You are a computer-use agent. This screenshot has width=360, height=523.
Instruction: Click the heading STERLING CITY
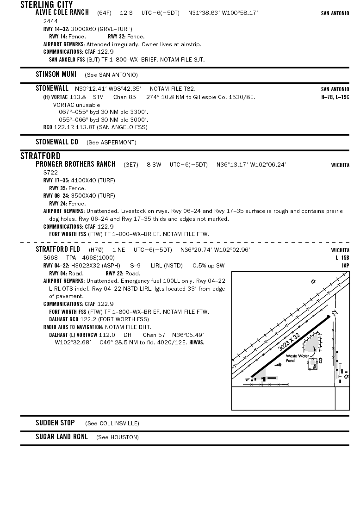coord(47,5)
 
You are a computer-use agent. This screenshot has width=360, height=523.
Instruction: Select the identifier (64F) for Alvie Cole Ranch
coord(104,13)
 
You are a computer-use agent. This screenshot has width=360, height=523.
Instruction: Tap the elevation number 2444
coord(50,21)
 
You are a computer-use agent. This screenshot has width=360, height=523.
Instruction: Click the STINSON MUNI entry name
coord(56,75)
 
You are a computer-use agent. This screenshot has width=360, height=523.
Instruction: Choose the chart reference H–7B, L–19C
coord(335,97)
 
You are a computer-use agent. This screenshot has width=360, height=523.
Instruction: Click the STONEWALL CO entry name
coord(57,142)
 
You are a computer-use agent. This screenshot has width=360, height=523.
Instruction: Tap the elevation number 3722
coord(50,173)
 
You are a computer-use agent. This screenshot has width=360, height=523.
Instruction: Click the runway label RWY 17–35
coord(56,181)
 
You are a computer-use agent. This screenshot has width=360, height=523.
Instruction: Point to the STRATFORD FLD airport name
coord(58,249)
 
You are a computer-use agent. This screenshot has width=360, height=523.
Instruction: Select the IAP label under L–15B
coord(345,266)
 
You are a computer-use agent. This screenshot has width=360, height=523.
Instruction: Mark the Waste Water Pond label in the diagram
coord(297,358)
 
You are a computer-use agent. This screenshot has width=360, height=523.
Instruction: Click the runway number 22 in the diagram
coord(336,312)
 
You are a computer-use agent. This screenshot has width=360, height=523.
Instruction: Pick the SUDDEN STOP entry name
coord(55,423)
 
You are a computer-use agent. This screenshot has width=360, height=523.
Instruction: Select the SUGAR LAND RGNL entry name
coord(62,437)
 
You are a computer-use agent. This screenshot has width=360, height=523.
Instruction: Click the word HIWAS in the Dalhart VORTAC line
coord(197,342)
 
